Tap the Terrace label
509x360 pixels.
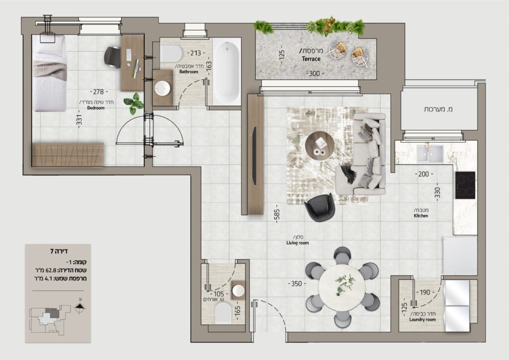click(x=311, y=59)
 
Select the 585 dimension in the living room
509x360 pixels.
click(x=277, y=213)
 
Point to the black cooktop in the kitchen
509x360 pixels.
click(x=465, y=185)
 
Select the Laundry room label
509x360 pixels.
click(x=423, y=319)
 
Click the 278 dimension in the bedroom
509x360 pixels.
click(x=98, y=92)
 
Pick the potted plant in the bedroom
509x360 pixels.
click(x=134, y=103)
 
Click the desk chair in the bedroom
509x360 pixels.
click(x=112, y=58)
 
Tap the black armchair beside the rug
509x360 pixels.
click(x=320, y=207)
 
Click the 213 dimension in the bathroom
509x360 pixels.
click(x=196, y=53)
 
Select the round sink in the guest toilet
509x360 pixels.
click(x=239, y=290)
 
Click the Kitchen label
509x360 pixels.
click(x=421, y=215)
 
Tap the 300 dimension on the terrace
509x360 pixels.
click(x=314, y=74)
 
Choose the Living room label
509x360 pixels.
click(x=297, y=243)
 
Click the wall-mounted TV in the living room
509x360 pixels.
click(x=254, y=156)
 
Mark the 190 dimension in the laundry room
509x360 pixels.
click(x=425, y=292)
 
